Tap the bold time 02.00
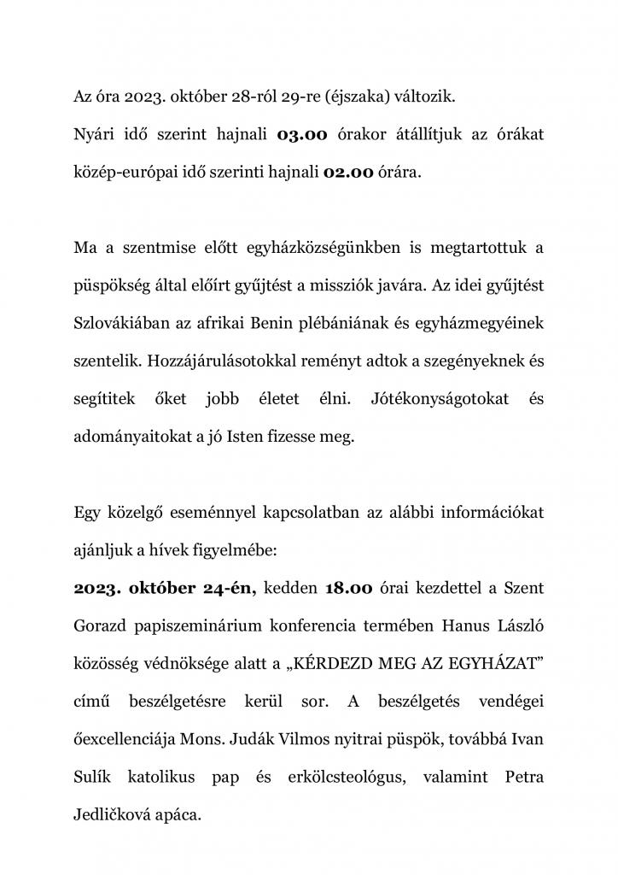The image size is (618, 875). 348,172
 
